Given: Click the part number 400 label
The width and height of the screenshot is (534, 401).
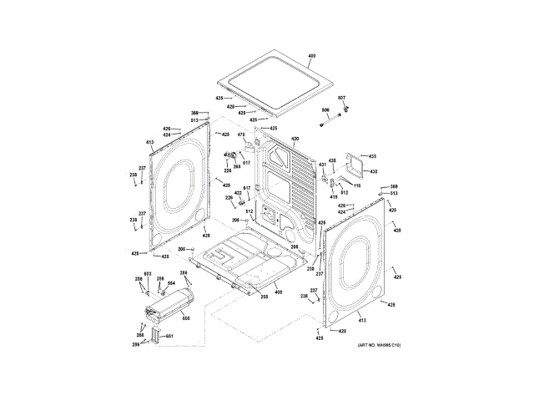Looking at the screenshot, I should (x=312, y=56).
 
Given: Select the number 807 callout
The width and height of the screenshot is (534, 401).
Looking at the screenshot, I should (x=341, y=99).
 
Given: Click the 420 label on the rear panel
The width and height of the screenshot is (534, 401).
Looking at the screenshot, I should (x=295, y=139).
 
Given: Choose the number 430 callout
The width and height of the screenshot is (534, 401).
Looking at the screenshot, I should (x=374, y=172).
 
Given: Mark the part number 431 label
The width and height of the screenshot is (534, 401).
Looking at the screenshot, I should (x=321, y=165).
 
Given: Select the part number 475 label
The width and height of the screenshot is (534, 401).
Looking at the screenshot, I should (x=241, y=135).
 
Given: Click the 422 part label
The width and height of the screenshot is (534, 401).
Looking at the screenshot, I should (x=238, y=193).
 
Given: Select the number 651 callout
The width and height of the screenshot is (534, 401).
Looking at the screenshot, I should (x=169, y=336).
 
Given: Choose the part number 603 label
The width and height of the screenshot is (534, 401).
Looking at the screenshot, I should (x=147, y=274).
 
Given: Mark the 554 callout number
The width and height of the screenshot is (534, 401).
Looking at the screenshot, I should (x=171, y=284).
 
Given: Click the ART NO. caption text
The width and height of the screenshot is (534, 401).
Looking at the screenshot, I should (x=385, y=345).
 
